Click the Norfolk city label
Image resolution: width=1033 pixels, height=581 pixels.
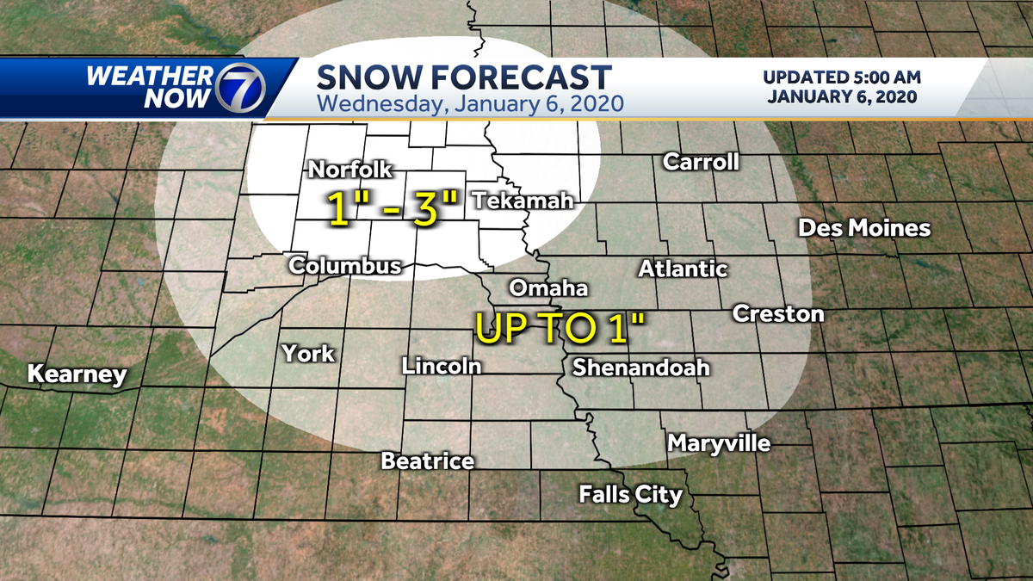click(350, 170)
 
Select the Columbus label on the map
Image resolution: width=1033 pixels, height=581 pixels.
click(345, 265)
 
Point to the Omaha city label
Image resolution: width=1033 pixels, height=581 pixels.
click(548, 287)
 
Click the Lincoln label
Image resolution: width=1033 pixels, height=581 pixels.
click(441, 366)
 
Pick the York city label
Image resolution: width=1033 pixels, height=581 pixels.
click(308, 353)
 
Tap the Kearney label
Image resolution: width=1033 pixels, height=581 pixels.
click(77, 374)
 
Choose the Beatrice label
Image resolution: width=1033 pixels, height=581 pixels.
click(428, 461)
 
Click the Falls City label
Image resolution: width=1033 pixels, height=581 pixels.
click(630, 494)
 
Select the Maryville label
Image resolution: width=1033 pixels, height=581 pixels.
click(719, 444)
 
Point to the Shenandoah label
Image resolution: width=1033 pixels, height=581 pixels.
click(641, 368)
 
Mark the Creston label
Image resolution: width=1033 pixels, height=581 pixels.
click(778, 313)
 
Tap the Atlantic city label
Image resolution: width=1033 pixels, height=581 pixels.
click(683, 269)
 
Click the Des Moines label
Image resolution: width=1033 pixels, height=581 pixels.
click(864, 228)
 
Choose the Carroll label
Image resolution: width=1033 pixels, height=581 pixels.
click(701, 162)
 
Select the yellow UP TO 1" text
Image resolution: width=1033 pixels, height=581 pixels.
click(560, 329)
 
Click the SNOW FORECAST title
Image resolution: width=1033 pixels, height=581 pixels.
click(464, 77)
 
